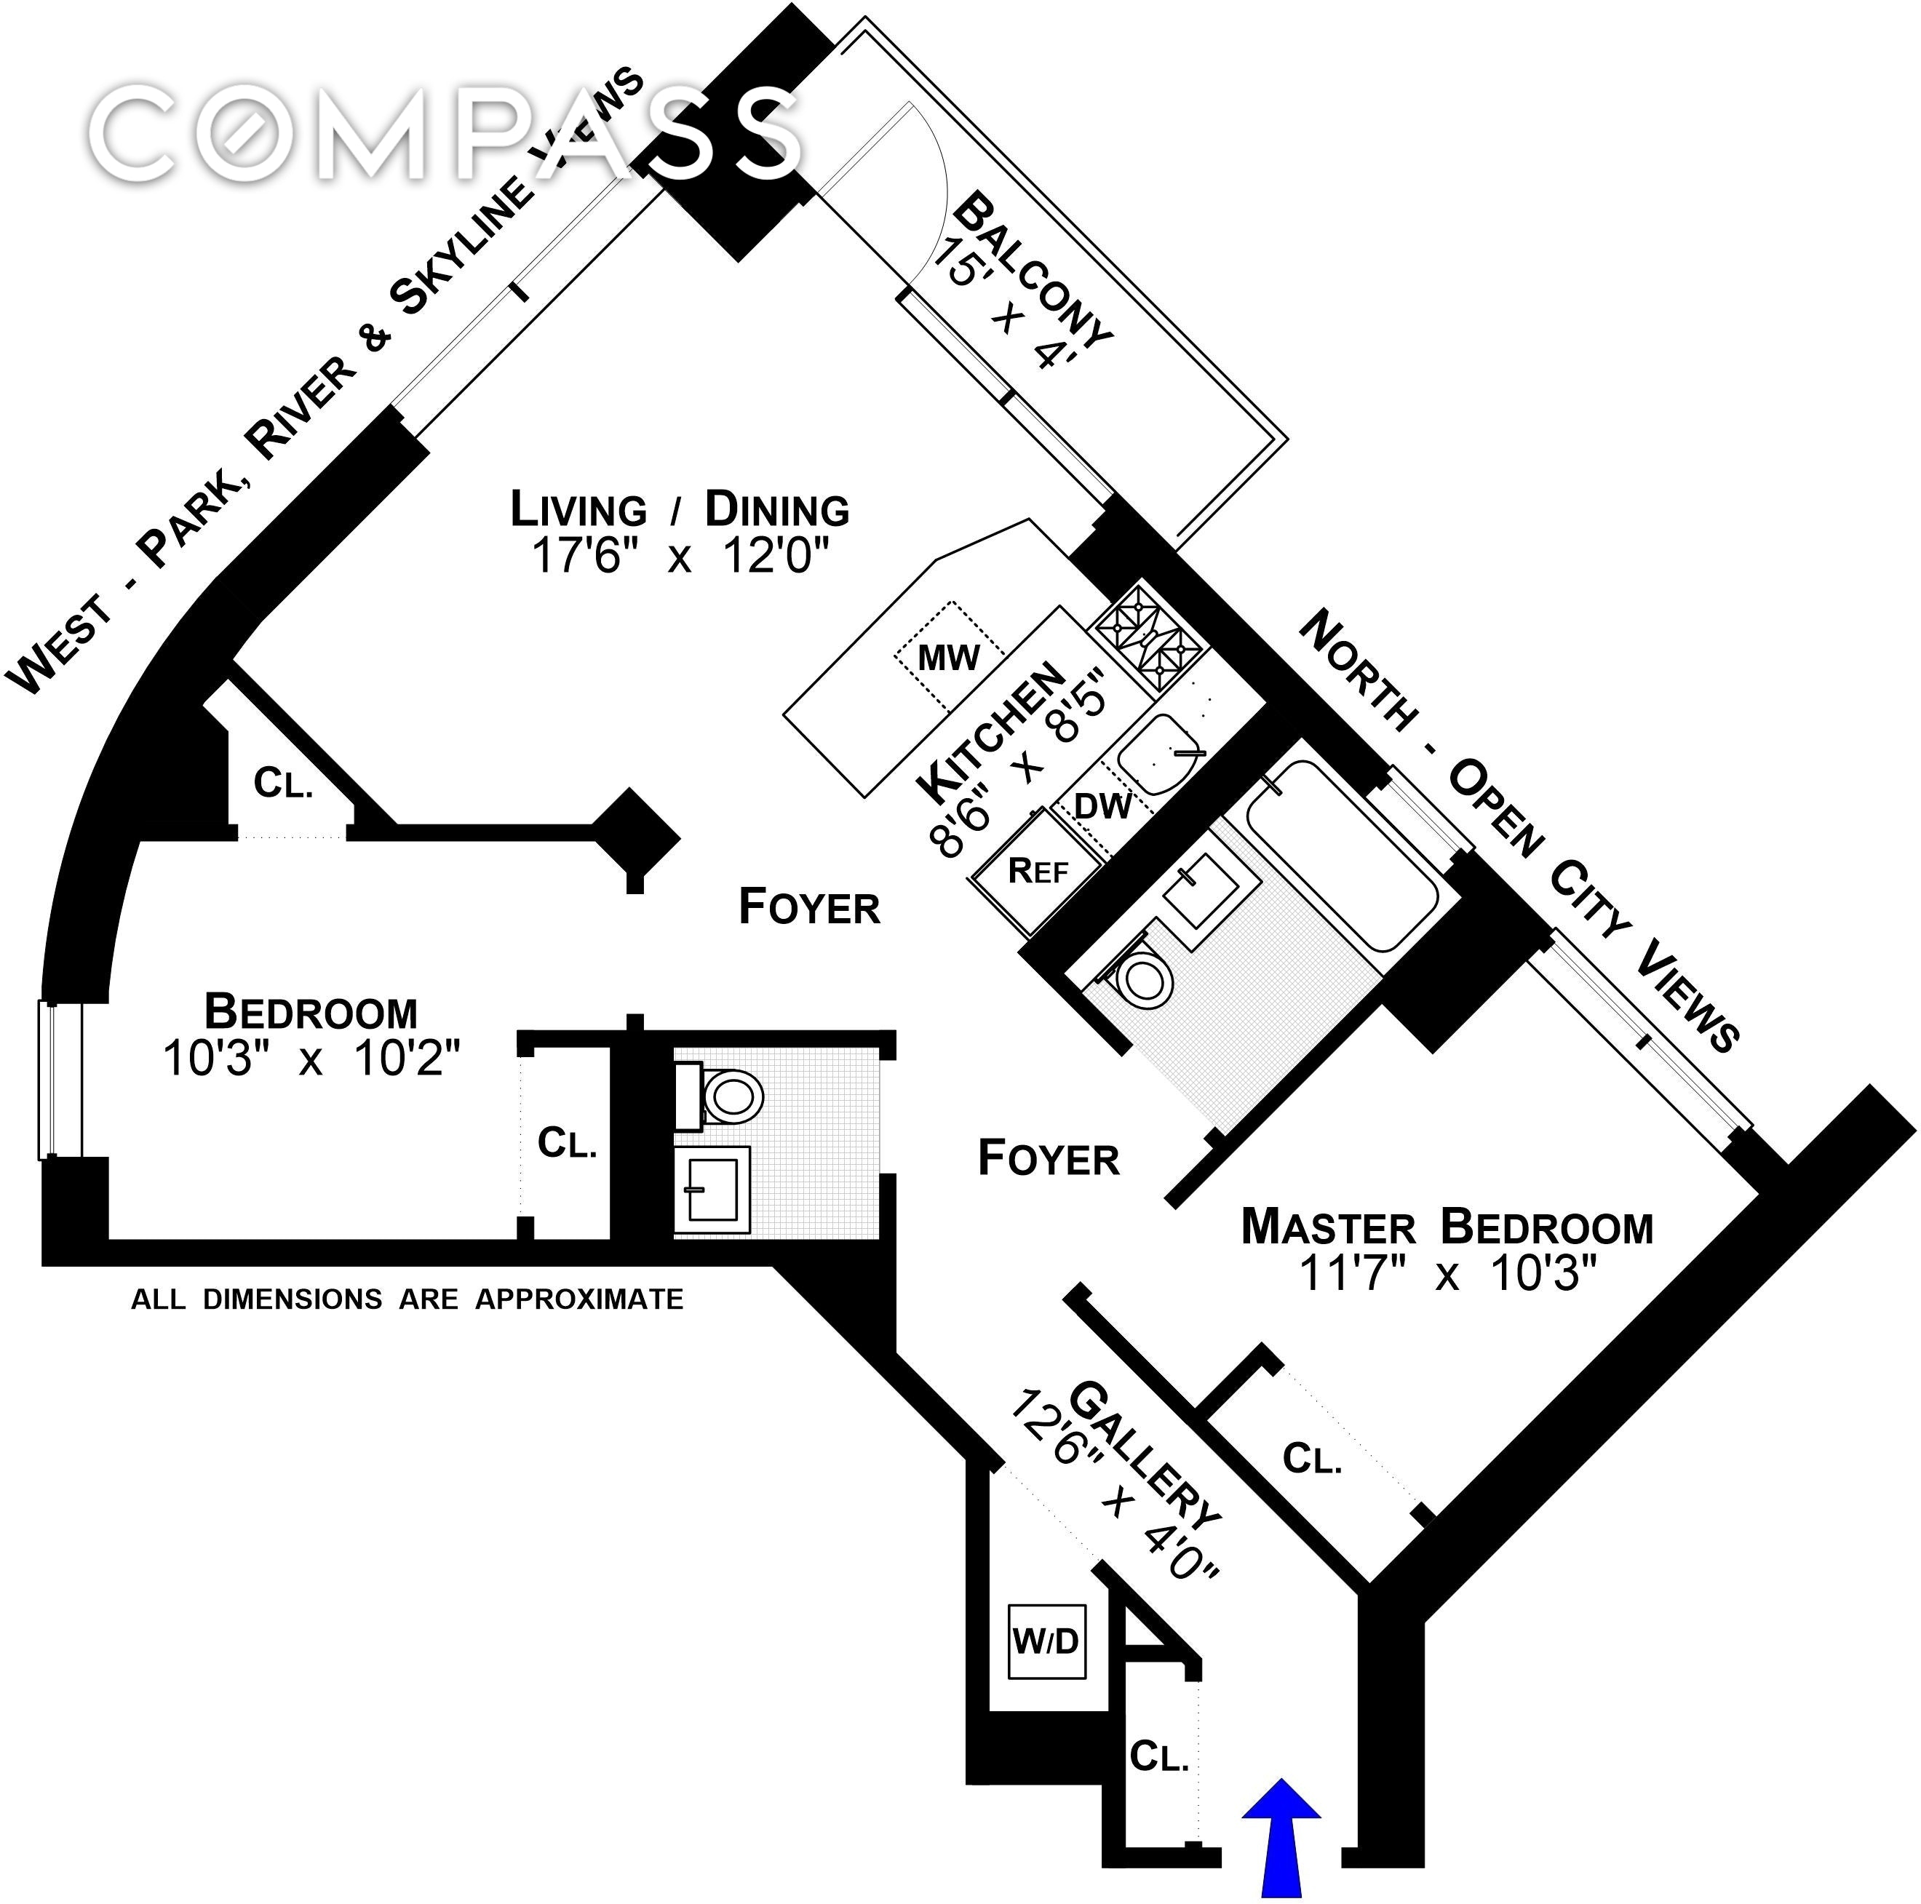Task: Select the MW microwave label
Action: pos(949,657)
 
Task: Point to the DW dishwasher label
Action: pos(1102,805)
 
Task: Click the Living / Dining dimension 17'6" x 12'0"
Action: pos(680,555)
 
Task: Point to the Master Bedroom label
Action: pos(1447,1227)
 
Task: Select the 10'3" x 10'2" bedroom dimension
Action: pos(311,1058)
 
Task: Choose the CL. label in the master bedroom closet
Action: pos(1313,1459)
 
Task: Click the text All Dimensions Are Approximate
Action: pos(407,1299)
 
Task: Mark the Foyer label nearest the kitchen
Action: pos(809,907)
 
